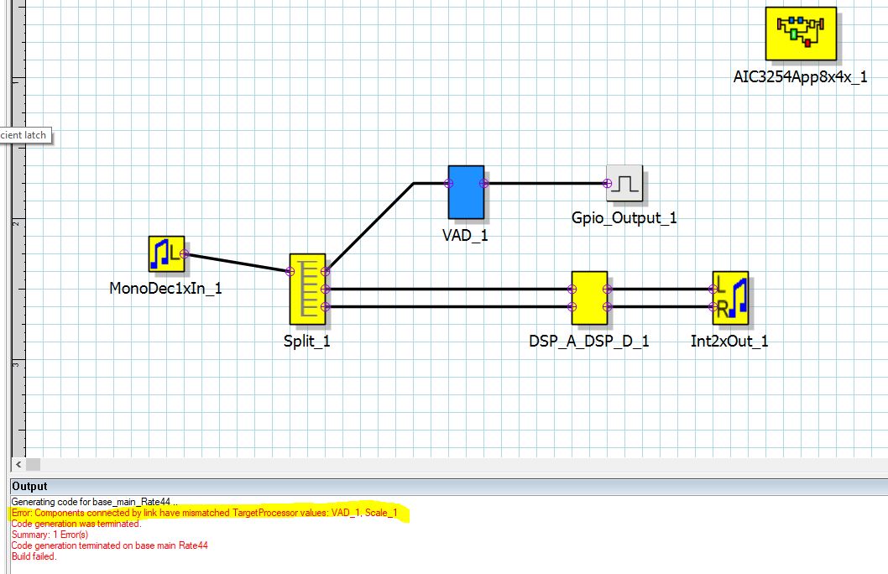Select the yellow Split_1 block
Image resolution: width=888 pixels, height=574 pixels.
tap(307, 289)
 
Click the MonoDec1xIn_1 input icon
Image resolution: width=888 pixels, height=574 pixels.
tap(166, 254)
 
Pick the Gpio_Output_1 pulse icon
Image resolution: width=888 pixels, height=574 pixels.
tap(626, 183)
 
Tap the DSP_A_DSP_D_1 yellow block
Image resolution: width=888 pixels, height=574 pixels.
tap(589, 298)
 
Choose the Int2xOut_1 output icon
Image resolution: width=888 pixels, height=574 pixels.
tap(730, 298)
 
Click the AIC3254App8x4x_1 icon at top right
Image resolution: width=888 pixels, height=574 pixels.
tap(801, 34)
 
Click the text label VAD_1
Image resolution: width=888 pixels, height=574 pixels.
tap(465, 235)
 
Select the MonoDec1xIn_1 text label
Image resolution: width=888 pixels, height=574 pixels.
tap(166, 289)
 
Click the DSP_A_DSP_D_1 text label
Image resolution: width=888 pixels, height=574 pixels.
tap(588, 342)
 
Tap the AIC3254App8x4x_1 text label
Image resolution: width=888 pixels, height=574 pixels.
tap(800, 77)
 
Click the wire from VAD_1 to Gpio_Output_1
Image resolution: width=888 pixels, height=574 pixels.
tap(546, 183)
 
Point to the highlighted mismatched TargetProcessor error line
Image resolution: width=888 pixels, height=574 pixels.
tap(210, 512)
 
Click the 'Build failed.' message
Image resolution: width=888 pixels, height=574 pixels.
tap(34, 556)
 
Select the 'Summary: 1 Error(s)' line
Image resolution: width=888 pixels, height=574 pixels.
tap(50, 534)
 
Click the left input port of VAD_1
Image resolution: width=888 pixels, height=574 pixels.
tap(449, 183)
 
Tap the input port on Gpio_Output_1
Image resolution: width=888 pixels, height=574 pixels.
tap(608, 183)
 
